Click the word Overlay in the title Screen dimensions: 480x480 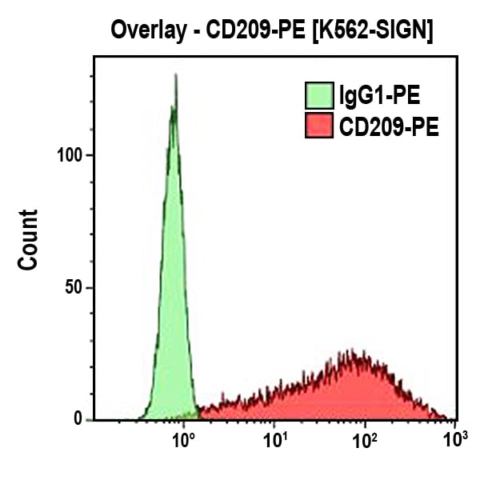[x=145, y=31]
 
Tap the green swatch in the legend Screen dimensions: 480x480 [x=319, y=96]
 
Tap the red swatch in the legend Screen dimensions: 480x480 [x=319, y=126]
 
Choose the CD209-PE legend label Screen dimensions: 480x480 [x=389, y=126]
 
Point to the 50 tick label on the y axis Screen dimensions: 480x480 [x=73, y=287]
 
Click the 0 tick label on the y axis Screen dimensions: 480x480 [x=78, y=418]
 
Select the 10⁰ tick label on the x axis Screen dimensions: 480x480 [x=185, y=440]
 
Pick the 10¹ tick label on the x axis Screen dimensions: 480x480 [x=276, y=440]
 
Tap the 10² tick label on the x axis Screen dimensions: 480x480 [x=366, y=440]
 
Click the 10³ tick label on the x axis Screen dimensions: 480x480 [x=455, y=440]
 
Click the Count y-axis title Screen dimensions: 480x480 [x=29, y=239]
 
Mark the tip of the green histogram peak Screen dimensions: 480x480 [x=175, y=77]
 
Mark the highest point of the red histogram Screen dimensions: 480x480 [x=350, y=351]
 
